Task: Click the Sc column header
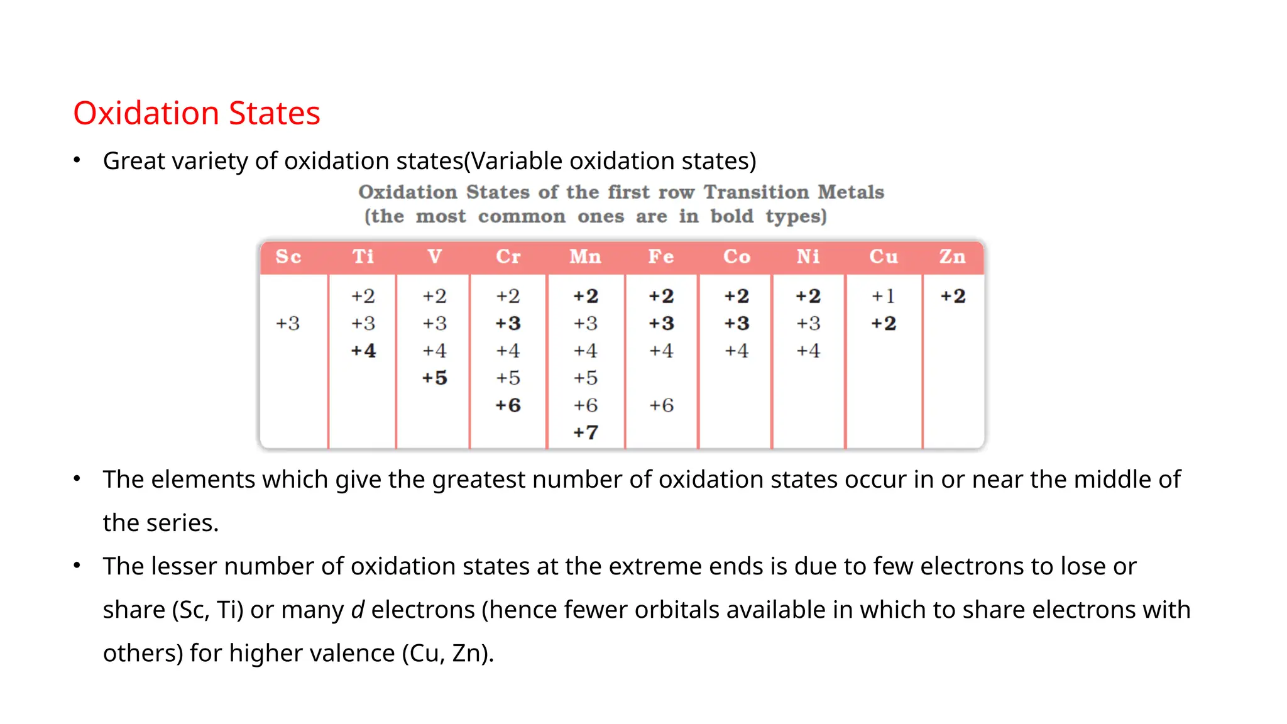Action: [288, 256]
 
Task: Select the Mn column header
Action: [585, 256]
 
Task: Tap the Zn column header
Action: [952, 256]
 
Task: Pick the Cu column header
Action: [884, 256]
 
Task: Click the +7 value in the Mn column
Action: [585, 432]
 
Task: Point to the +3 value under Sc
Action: [288, 324]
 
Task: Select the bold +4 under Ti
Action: [363, 351]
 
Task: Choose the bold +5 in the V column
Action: [434, 378]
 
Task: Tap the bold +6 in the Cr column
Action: [508, 405]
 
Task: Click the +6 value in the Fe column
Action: [661, 405]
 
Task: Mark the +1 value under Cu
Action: [883, 296]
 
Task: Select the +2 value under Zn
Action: [953, 296]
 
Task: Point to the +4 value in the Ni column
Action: [808, 351]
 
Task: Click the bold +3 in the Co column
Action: [737, 324]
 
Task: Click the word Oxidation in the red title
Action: [145, 113]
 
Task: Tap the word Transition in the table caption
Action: [756, 192]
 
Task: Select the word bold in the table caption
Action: [731, 216]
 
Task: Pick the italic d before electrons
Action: [358, 610]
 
